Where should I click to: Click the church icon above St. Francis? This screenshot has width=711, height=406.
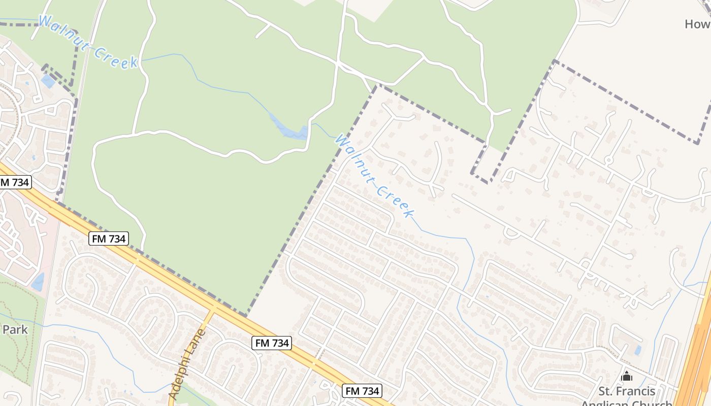click(x=627, y=376)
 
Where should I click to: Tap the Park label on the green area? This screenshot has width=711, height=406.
click(x=15, y=329)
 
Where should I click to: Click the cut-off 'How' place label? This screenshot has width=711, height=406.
click(x=697, y=24)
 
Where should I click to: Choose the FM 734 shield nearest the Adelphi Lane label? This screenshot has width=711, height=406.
click(x=272, y=343)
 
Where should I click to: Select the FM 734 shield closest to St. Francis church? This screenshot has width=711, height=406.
click(x=362, y=391)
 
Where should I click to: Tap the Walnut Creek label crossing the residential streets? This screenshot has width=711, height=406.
click(x=374, y=176)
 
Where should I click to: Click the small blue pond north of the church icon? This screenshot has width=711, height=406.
click(x=637, y=350)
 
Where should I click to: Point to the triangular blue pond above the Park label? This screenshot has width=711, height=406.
click(x=38, y=282)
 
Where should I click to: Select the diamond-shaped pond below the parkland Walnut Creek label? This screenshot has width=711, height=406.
click(x=48, y=81)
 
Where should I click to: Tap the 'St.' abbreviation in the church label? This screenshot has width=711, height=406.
click(x=605, y=391)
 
